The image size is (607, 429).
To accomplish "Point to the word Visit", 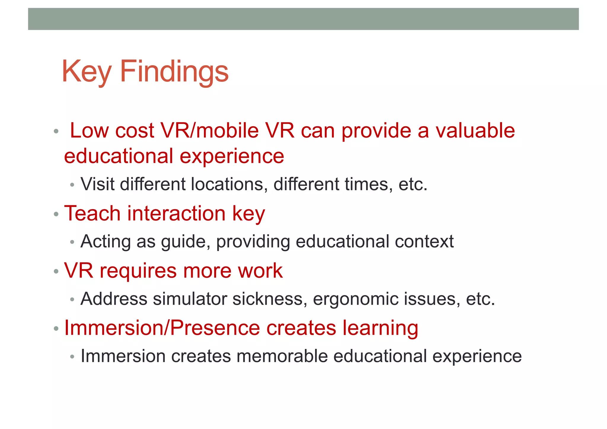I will tap(98, 184).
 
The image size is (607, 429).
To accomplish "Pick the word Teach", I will tap(92, 213).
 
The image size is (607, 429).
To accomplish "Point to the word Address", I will tap(114, 299).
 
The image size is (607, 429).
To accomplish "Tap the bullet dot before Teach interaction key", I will tap(56, 214).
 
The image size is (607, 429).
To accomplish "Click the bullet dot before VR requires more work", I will tap(56, 271).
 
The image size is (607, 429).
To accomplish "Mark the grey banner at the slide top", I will tap(303, 19).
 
